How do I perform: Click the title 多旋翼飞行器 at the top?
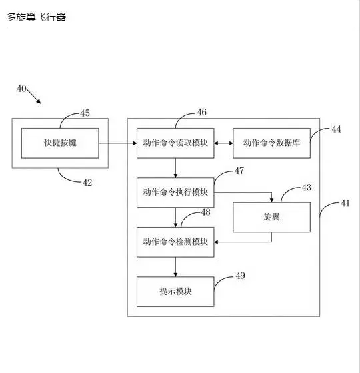(x=36, y=17)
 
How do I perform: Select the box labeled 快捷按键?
(x=60, y=143)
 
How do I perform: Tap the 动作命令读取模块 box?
(x=175, y=143)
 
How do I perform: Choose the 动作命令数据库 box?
(x=272, y=143)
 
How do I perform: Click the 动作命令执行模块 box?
(x=175, y=192)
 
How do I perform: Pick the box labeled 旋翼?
(x=272, y=217)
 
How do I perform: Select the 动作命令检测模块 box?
(x=175, y=242)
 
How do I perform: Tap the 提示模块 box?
(x=175, y=292)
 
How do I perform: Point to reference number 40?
(x=21, y=89)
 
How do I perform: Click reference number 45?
(x=85, y=113)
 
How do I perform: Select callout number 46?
(x=201, y=112)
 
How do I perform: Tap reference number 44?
(x=336, y=129)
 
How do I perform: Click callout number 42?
(x=87, y=183)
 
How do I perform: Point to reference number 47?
(x=239, y=171)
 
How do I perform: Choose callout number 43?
(x=307, y=187)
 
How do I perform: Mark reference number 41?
(x=345, y=203)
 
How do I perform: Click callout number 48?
(x=206, y=212)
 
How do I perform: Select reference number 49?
(x=240, y=276)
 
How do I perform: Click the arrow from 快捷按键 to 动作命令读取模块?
(x=118, y=143)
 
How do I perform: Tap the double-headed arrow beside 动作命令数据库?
(x=223, y=143)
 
